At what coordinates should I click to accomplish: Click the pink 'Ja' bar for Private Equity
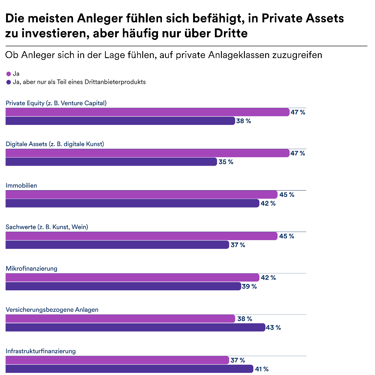[x=147, y=112]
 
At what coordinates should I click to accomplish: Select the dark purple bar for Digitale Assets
[x=111, y=162]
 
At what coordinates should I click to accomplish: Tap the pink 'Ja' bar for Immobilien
[x=141, y=194]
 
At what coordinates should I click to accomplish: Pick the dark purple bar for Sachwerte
[x=117, y=245]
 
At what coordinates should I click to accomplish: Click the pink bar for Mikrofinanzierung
[x=132, y=277]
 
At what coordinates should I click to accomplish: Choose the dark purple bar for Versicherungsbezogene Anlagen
[x=135, y=327]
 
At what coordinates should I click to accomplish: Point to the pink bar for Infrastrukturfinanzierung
[x=117, y=360]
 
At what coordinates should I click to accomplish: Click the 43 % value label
[x=273, y=328]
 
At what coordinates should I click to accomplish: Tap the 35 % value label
[x=226, y=162]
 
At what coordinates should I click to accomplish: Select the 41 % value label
[x=262, y=369]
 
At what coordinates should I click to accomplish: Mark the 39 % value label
[x=249, y=286]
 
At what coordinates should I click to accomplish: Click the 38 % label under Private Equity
[x=244, y=121]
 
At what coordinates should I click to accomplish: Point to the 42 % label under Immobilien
[x=268, y=204]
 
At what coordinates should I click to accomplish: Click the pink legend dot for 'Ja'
[x=8, y=74]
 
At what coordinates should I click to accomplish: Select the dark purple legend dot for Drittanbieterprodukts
[x=8, y=82]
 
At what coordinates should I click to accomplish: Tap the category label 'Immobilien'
[x=21, y=185]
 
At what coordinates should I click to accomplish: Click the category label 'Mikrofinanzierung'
[x=31, y=268]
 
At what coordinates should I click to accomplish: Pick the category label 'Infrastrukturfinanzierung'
[x=41, y=351]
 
